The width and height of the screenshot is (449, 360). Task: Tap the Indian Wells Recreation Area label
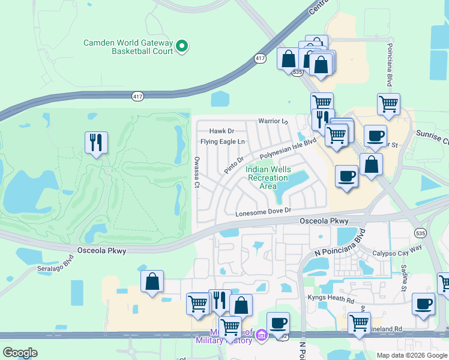click(268, 178)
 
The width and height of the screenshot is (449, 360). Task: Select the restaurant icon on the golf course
click(96, 142)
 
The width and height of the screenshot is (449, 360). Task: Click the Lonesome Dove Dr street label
click(263, 211)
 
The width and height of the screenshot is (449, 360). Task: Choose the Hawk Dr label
click(221, 131)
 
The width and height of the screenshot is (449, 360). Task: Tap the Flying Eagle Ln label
click(223, 142)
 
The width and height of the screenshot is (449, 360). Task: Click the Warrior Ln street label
click(273, 121)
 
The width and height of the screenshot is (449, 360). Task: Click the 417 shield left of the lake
click(137, 95)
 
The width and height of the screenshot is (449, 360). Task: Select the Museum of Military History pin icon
click(261, 335)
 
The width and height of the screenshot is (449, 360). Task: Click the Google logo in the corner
click(20, 353)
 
